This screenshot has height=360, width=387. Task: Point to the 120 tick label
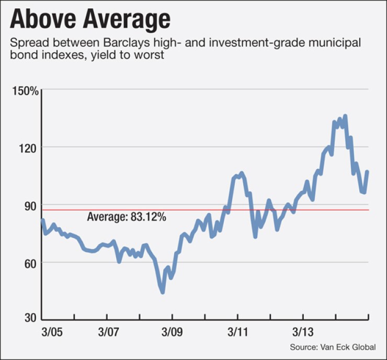tap(29, 147)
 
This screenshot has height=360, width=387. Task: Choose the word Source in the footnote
tap(303, 347)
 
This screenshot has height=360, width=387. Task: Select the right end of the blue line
tap(368, 172)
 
